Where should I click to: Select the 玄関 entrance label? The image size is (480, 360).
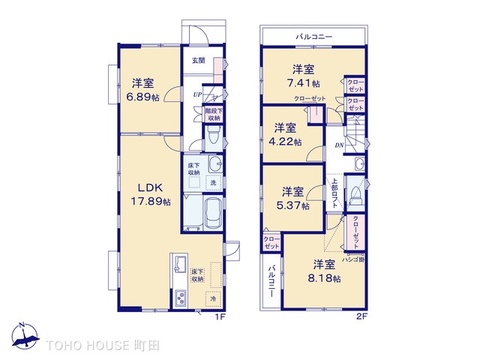pos(200,61)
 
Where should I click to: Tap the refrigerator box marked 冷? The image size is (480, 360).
pos(213,297)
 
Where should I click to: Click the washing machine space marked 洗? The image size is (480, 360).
pos(213,180)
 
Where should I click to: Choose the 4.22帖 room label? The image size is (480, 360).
pos(286,135)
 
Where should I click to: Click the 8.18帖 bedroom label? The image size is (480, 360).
pos(322,271)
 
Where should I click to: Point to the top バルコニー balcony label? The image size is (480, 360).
pos(314,36)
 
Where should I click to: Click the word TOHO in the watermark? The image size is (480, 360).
pos(70,344)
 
